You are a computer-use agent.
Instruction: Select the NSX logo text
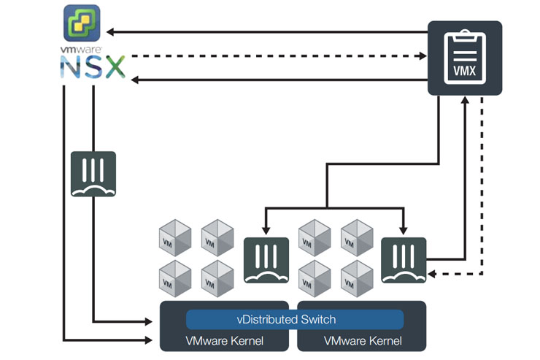93,68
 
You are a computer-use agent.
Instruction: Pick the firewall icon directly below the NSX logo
93,174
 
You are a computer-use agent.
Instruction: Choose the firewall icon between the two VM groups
266,260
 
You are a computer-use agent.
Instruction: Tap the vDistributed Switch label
295,320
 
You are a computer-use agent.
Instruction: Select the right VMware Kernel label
362,340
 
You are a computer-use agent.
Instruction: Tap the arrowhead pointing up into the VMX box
465,104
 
